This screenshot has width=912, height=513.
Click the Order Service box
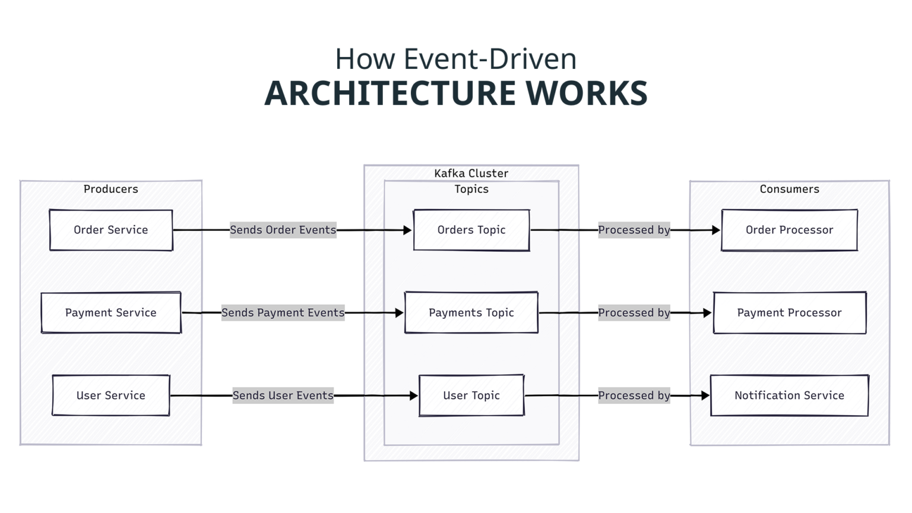tap(111, 230)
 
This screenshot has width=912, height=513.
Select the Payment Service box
tap(111, 312)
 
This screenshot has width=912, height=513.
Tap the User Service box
tap(111, 395)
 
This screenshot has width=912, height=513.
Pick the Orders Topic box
tap(471, 230)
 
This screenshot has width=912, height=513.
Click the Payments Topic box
tap(471, 312)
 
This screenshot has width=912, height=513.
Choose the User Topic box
tap(471, 395)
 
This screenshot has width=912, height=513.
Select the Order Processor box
tap(789, 230)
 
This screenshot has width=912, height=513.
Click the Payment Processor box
tap(789, 312)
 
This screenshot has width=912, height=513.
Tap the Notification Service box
tap(789, 395)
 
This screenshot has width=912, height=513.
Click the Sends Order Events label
tap(283, 230)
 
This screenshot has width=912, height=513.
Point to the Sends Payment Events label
tap(283, 312)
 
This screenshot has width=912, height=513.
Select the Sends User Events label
tap(283, 395)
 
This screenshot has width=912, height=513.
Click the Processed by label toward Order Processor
tap(634, 230)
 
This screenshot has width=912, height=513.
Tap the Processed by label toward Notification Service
tap(634, 395)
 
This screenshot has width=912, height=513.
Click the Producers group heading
tap(111, 189)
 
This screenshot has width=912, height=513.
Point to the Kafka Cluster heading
tap(471, 173)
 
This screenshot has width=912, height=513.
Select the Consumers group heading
tap(789, 189)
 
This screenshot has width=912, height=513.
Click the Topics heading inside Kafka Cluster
tap(471, 189)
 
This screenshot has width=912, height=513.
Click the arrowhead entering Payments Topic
tap(399, 312)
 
